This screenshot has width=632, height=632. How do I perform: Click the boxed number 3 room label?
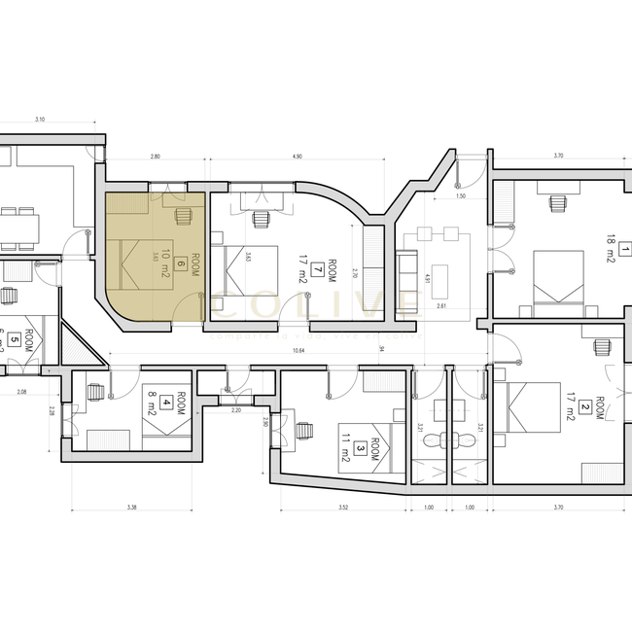[x=361, y=448]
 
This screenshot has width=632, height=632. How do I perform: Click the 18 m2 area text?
[x=611, y=250]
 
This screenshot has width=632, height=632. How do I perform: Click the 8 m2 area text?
[x=153, y=400]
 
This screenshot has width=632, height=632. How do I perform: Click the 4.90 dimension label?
[x=298, y=157]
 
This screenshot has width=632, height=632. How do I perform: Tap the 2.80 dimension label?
[x=155, y=157]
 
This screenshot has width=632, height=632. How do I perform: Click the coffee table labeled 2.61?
[x=441, y=275]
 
